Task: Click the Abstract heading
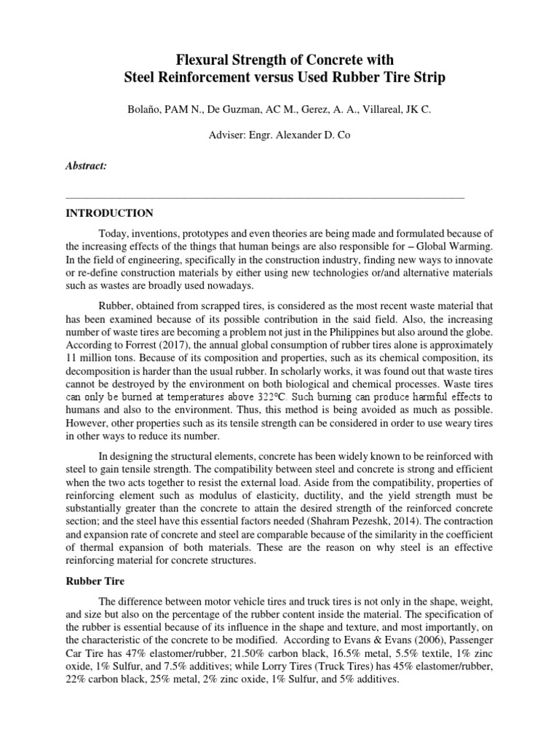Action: click(86, 167)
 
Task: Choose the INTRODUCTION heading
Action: click(109, 213)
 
